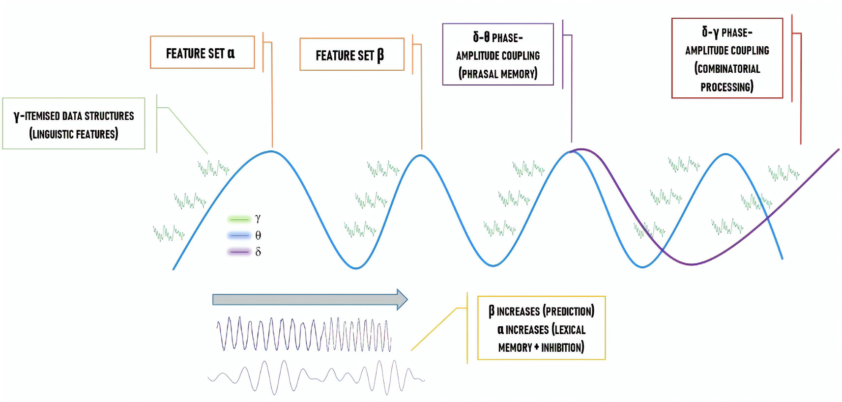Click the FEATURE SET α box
tap(202, 52)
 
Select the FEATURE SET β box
tap(351, 55)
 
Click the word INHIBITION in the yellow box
tap(563, 347)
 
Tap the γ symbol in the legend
tap(258, 218)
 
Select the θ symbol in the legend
tap(258, 235)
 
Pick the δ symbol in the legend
tap(258, 252)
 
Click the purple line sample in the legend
tap(239, 252)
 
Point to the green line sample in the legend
tap(239, 219)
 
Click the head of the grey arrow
tap(402, 299)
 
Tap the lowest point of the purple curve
tap(691, 264)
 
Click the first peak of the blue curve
tap(271, 151)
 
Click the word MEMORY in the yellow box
tap(515, 347)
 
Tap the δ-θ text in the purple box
tap(481, 37)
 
